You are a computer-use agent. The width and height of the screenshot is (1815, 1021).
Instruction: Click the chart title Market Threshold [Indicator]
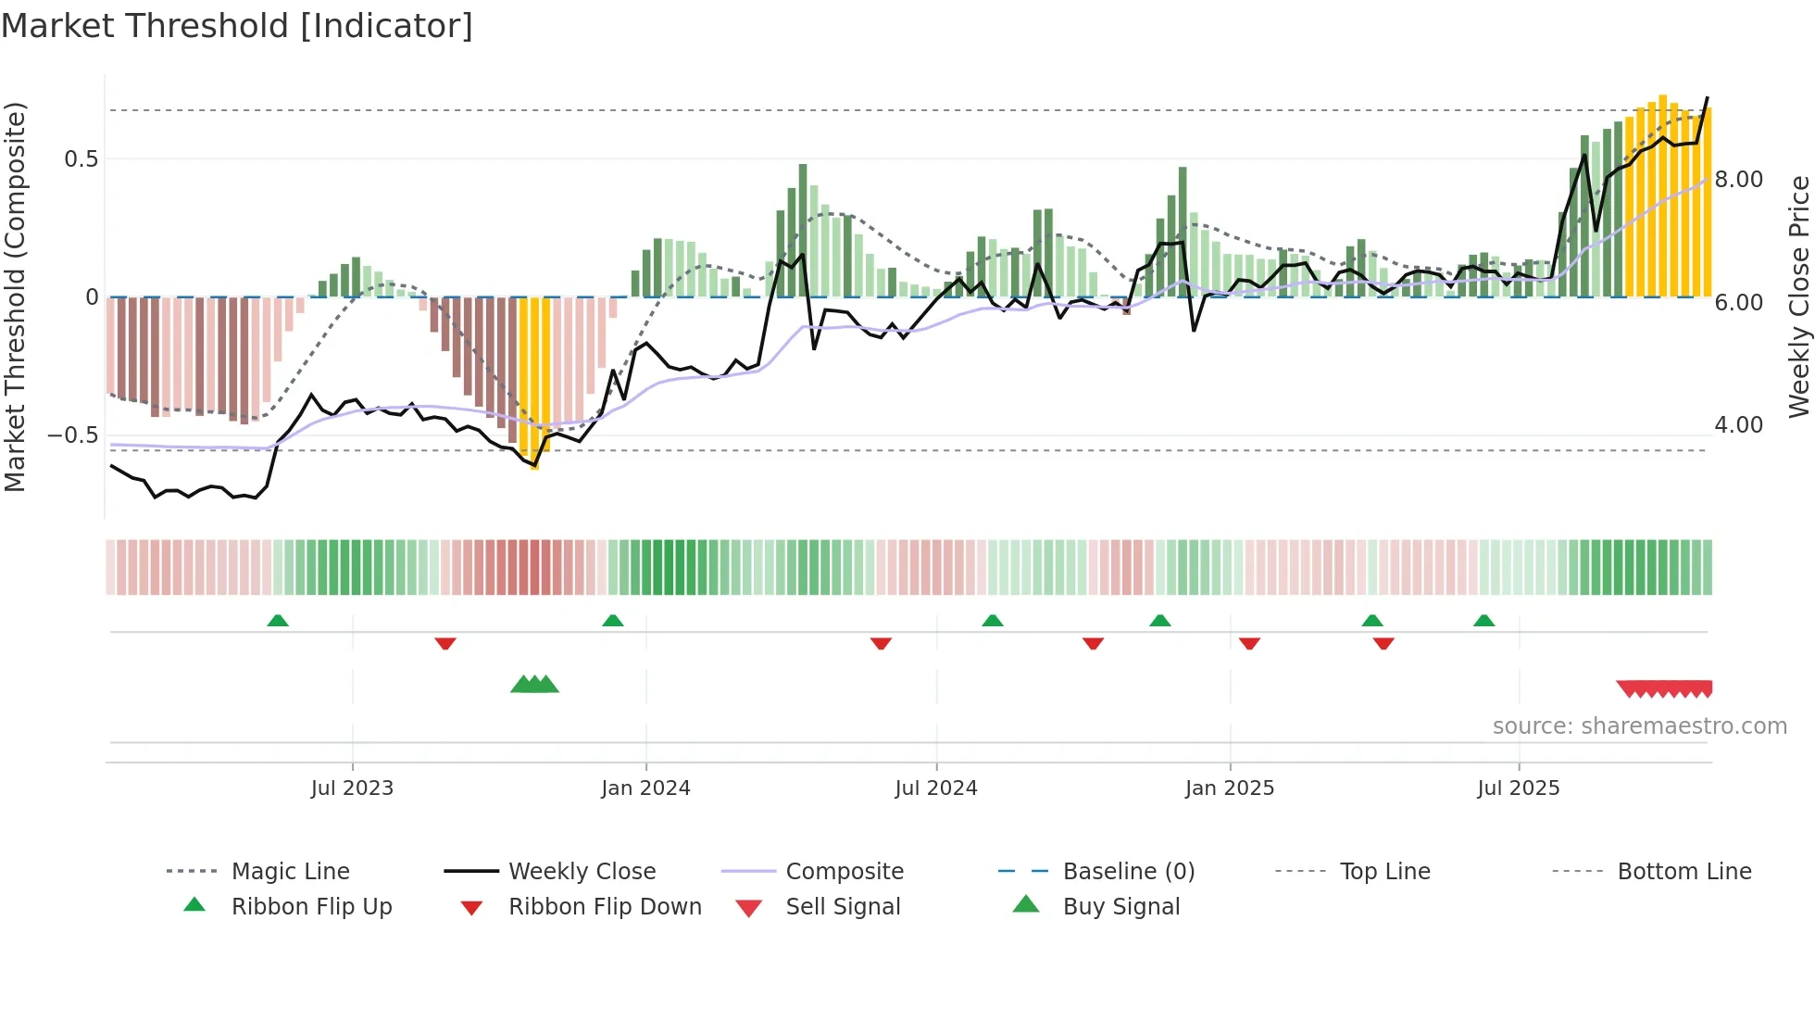(237, 26)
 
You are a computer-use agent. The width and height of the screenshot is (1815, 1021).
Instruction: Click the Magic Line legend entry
(290, 871)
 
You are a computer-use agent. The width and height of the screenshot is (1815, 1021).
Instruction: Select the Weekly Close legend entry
(582, 871)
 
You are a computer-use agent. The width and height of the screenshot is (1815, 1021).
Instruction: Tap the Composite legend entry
(845, 871)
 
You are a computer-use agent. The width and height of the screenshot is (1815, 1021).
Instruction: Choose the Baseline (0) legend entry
(1128, 871)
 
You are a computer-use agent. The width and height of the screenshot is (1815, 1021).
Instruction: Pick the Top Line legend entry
(1384, 871)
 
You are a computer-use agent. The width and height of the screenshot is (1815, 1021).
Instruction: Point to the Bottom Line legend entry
(1684, 871)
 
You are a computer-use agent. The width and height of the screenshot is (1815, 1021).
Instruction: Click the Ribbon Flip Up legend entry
(311, 906)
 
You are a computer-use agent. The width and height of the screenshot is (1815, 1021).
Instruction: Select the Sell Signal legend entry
(843, 906)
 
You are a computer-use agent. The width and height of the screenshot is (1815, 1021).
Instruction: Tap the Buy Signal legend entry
(1120, 906)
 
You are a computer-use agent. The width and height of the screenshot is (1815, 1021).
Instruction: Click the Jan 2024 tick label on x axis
(645, 788)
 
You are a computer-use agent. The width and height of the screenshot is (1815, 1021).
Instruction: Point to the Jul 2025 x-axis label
(1519, 788)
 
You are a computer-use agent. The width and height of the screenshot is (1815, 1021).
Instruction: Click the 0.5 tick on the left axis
(81, 159)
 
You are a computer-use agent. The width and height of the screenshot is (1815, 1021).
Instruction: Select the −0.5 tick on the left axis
(73, 435)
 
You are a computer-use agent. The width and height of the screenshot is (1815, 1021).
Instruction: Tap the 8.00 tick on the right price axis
(1738, 180)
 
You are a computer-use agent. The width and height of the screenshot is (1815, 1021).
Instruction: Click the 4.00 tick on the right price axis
(1738, 425)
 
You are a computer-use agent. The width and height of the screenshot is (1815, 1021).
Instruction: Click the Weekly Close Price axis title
(1798, 296)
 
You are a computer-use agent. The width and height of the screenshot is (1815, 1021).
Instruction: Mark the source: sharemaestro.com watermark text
(1639, 725)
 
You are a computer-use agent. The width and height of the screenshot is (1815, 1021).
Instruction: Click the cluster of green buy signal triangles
(534, 685)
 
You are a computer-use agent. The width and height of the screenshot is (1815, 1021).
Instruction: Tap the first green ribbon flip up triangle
(278, 620)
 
